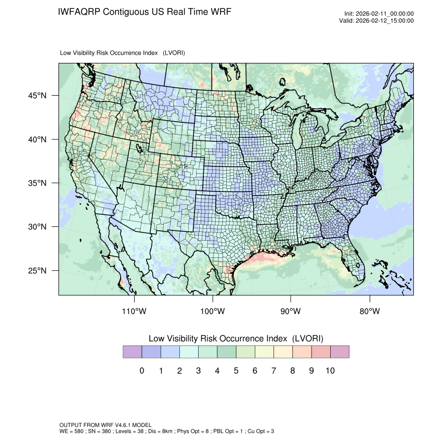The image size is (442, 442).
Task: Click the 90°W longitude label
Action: (x=291, y=311)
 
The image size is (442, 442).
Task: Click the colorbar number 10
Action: (x=330, y=371)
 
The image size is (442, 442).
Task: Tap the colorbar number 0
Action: (x=141, y=371)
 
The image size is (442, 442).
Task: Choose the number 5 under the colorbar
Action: (x=236, y=371)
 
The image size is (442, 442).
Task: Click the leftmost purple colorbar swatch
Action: (x=132, y=352)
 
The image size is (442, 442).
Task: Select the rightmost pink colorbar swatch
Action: (x=340, y=352)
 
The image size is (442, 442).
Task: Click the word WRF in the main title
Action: (x=219, y=11)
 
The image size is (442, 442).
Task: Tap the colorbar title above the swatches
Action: (x=236, y=338)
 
